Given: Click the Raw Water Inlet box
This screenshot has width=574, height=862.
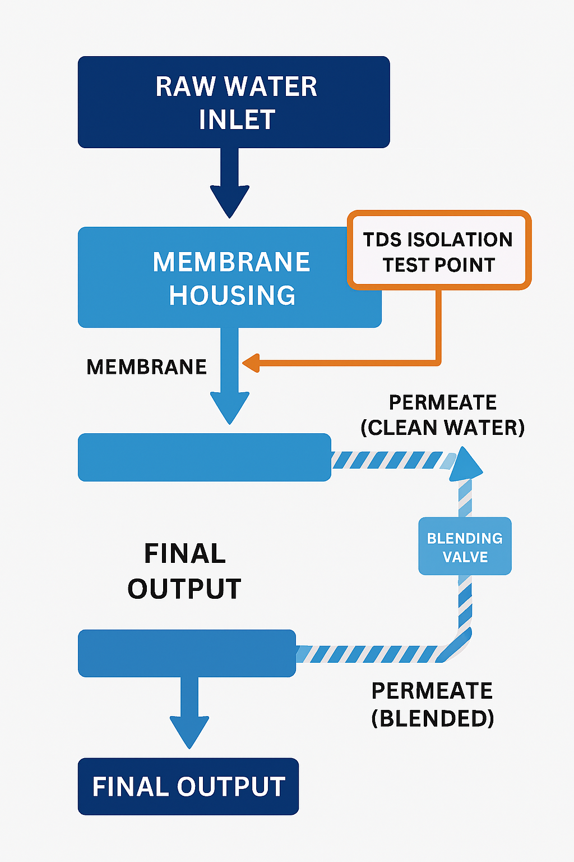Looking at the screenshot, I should point(234,102).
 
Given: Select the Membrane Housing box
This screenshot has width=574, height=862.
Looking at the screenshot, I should point(213,278).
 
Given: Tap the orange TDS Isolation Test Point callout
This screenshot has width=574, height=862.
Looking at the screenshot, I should point(439,251).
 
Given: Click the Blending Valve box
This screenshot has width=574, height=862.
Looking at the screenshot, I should point(465,546).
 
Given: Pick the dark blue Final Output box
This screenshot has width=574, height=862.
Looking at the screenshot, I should point(188,786).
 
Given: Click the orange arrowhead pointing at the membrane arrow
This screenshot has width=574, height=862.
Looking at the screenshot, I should point(251,363).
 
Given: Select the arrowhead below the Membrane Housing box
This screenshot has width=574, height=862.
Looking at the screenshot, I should point(230,406).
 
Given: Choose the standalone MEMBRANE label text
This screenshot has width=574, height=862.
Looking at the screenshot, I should point(147,367).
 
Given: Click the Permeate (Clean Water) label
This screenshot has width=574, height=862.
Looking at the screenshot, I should point(443,415).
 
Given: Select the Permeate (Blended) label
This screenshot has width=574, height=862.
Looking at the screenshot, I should point(432,704).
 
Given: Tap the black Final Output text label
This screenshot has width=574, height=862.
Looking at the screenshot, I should point(184,571).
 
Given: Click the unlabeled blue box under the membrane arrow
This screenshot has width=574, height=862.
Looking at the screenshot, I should point(205,457).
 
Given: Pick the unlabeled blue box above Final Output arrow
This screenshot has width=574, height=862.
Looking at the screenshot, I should point(187,653).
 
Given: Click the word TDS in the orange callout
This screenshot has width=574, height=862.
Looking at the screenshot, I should point(382,240).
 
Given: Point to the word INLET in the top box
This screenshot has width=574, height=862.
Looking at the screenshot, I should point(237,120).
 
